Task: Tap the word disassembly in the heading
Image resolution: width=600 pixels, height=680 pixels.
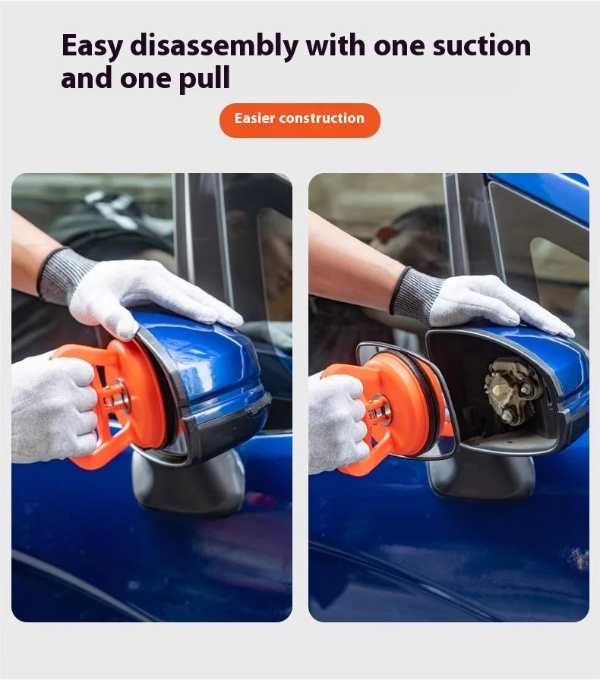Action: pos(214,46)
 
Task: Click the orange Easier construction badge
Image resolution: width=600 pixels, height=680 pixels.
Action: pos(299,121)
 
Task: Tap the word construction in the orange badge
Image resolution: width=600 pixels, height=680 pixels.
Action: pos(322,118)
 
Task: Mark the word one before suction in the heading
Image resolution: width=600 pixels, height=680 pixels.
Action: pos(399,46)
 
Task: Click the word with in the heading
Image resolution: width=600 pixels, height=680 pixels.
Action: pos(336,45)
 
